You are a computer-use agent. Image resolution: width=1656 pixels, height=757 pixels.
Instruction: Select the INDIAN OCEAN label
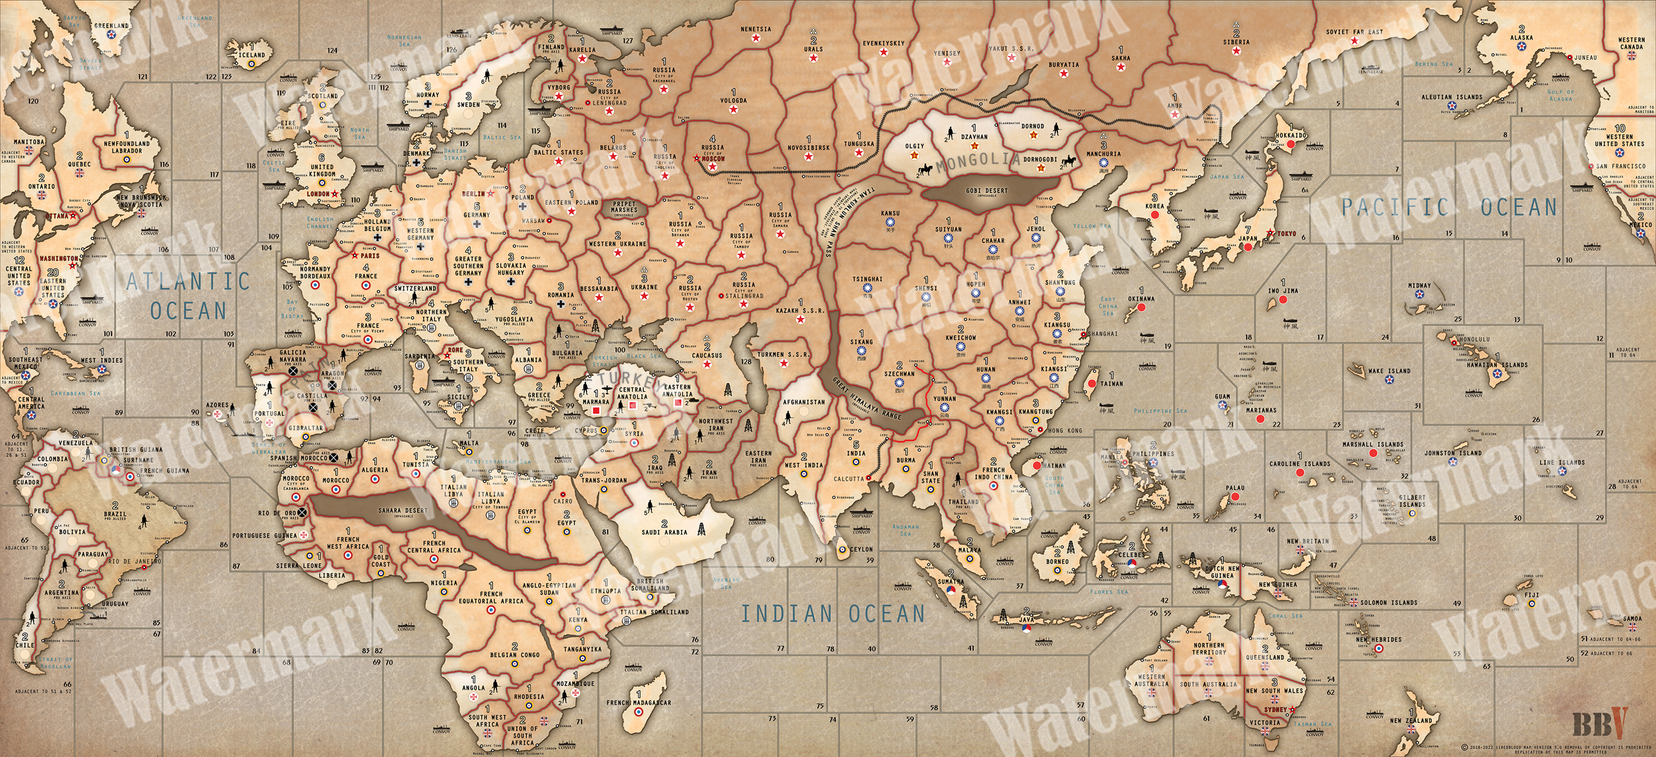833,614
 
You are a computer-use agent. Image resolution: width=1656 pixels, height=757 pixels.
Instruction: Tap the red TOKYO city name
1282,234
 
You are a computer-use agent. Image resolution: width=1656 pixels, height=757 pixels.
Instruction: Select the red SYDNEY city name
1274,710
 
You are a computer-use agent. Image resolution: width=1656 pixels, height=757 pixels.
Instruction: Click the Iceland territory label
252,55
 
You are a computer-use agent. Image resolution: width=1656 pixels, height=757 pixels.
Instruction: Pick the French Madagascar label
639,702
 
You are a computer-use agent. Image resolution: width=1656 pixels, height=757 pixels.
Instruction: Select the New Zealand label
1413,721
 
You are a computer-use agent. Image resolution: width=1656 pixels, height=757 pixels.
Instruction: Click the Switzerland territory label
415,288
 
